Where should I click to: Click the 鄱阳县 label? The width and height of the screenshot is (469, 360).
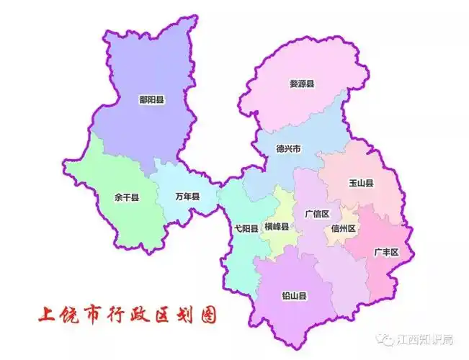[151, 100]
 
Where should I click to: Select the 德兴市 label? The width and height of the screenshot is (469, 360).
[288, 149]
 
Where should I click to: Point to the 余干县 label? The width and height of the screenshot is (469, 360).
[127, 196]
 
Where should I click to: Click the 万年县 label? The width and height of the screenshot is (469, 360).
[187, 196]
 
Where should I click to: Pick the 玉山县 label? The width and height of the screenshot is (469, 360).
[360, 184]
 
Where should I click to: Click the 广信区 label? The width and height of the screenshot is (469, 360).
[316, 214]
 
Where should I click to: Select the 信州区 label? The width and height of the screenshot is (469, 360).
[344, 228]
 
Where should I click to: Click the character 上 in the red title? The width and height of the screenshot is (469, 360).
[48, 315]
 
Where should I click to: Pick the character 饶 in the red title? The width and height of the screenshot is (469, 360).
[71, 315]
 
